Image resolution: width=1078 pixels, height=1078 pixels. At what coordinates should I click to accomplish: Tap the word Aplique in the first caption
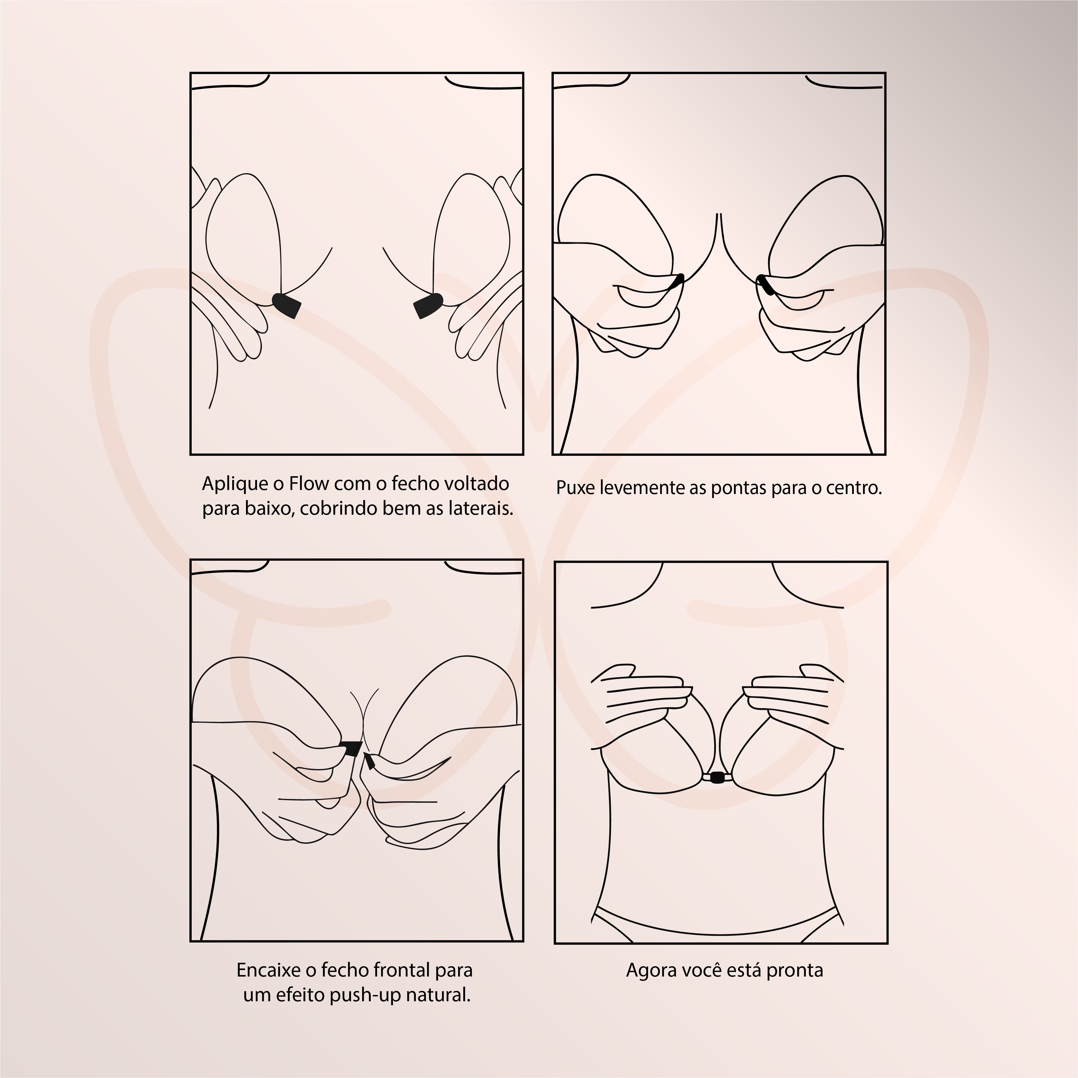[235, 484]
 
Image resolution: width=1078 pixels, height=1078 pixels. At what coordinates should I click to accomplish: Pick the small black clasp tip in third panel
[369, 760]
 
